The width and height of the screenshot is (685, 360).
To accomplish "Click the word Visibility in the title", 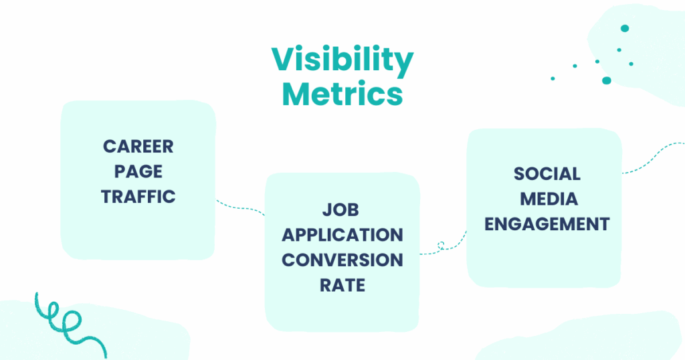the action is point(342,60).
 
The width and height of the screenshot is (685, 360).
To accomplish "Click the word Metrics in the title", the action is point(342,94).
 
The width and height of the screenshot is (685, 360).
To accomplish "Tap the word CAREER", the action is point(138,147).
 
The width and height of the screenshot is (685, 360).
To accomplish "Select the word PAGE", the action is point(138,172).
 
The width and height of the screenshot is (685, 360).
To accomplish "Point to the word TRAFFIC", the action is point(138,197).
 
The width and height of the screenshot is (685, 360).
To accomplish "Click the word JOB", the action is point(340,209).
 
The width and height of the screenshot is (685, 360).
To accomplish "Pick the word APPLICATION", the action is point(342,235).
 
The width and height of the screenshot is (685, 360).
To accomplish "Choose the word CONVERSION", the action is point(342,260).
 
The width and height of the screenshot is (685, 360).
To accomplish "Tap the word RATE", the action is point(342,285).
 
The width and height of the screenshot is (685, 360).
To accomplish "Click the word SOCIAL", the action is point(547,174).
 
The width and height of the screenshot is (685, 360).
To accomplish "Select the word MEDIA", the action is point(549,199).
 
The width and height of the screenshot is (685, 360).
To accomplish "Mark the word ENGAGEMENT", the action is point(547,224).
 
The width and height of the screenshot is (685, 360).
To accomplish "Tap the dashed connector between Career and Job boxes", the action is point(240,207).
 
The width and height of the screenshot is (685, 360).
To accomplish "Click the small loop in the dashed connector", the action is point(442,245).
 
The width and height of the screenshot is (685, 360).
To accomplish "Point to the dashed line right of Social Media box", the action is point(654,158).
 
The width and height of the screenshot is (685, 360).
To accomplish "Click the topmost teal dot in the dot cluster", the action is point(625,28).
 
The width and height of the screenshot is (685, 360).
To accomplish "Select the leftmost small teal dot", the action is point(553,79).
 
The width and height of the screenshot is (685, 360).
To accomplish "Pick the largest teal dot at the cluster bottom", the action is point(606,80).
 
